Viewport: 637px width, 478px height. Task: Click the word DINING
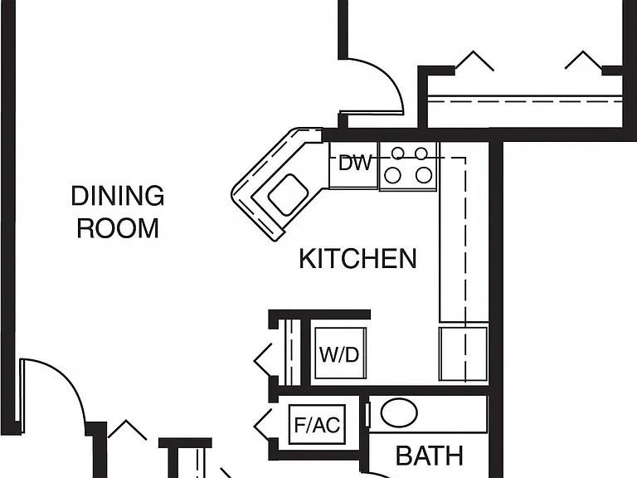pos(118,196)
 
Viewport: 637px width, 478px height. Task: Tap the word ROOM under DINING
pos(118,228)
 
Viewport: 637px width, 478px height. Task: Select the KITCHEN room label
pos(358,259)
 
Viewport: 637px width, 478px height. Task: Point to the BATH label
pos(430,456)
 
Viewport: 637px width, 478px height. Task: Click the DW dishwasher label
pos(355,163)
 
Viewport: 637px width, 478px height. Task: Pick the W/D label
pos(339,354)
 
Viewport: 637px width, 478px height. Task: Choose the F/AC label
pos(318,425)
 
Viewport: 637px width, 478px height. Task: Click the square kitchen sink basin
pos(288,194)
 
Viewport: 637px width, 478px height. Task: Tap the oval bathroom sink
pos(399,412)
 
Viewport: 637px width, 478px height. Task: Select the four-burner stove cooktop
pos(408,166)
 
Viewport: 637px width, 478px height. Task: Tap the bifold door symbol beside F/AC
pos(262,425)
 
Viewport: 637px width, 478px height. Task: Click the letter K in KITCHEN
pos(307,259)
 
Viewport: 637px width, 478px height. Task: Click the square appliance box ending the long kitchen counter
pos(464,354)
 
